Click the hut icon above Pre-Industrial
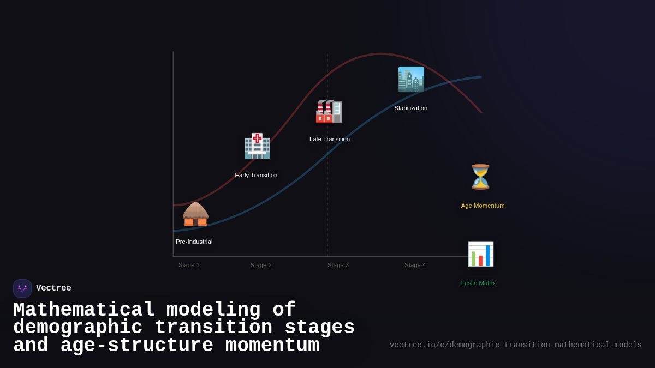[x=195, y=214]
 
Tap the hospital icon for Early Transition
[x=257, y=146]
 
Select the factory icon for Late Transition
[x=329, y=111]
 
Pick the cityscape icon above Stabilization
[x=411, y=80]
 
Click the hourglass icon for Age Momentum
[x=480, y=177]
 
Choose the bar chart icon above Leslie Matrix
[x=480, y=254]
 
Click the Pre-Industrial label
[x=194, y=242]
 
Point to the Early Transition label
[x=256, y=175]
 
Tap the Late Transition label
[x=330, y=139]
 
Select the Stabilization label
[x=411, y=108]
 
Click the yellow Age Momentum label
[x=483, y=206]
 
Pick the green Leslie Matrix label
[x=478, y=283]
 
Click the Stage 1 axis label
[x=189, y=265]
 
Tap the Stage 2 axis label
[x=261, y=265]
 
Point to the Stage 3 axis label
[x=338, y=265]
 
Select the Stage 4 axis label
[x=415, y=265]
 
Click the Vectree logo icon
[x=22, y=288]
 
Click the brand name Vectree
[x=53, y=288]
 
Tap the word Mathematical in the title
[x=84, y=310]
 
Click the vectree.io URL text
[x=515, y=345]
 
